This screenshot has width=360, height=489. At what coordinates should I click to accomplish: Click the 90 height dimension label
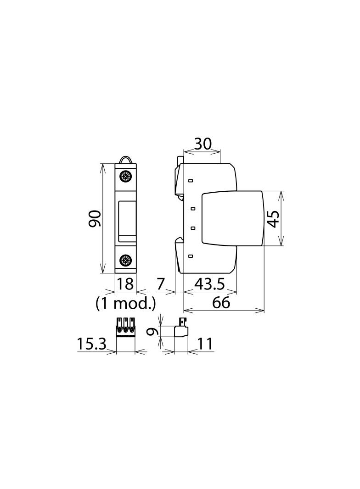95,218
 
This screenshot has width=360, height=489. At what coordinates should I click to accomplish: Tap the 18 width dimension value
125,284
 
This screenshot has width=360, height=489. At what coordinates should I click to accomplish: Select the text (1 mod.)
126,302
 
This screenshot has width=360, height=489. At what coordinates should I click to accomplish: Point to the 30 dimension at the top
202,144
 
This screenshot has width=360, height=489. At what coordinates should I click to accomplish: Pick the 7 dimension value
160,284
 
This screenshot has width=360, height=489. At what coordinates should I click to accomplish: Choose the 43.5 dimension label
209,284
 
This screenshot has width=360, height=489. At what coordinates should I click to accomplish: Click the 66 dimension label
221,302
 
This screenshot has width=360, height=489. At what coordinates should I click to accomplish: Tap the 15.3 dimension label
91,344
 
